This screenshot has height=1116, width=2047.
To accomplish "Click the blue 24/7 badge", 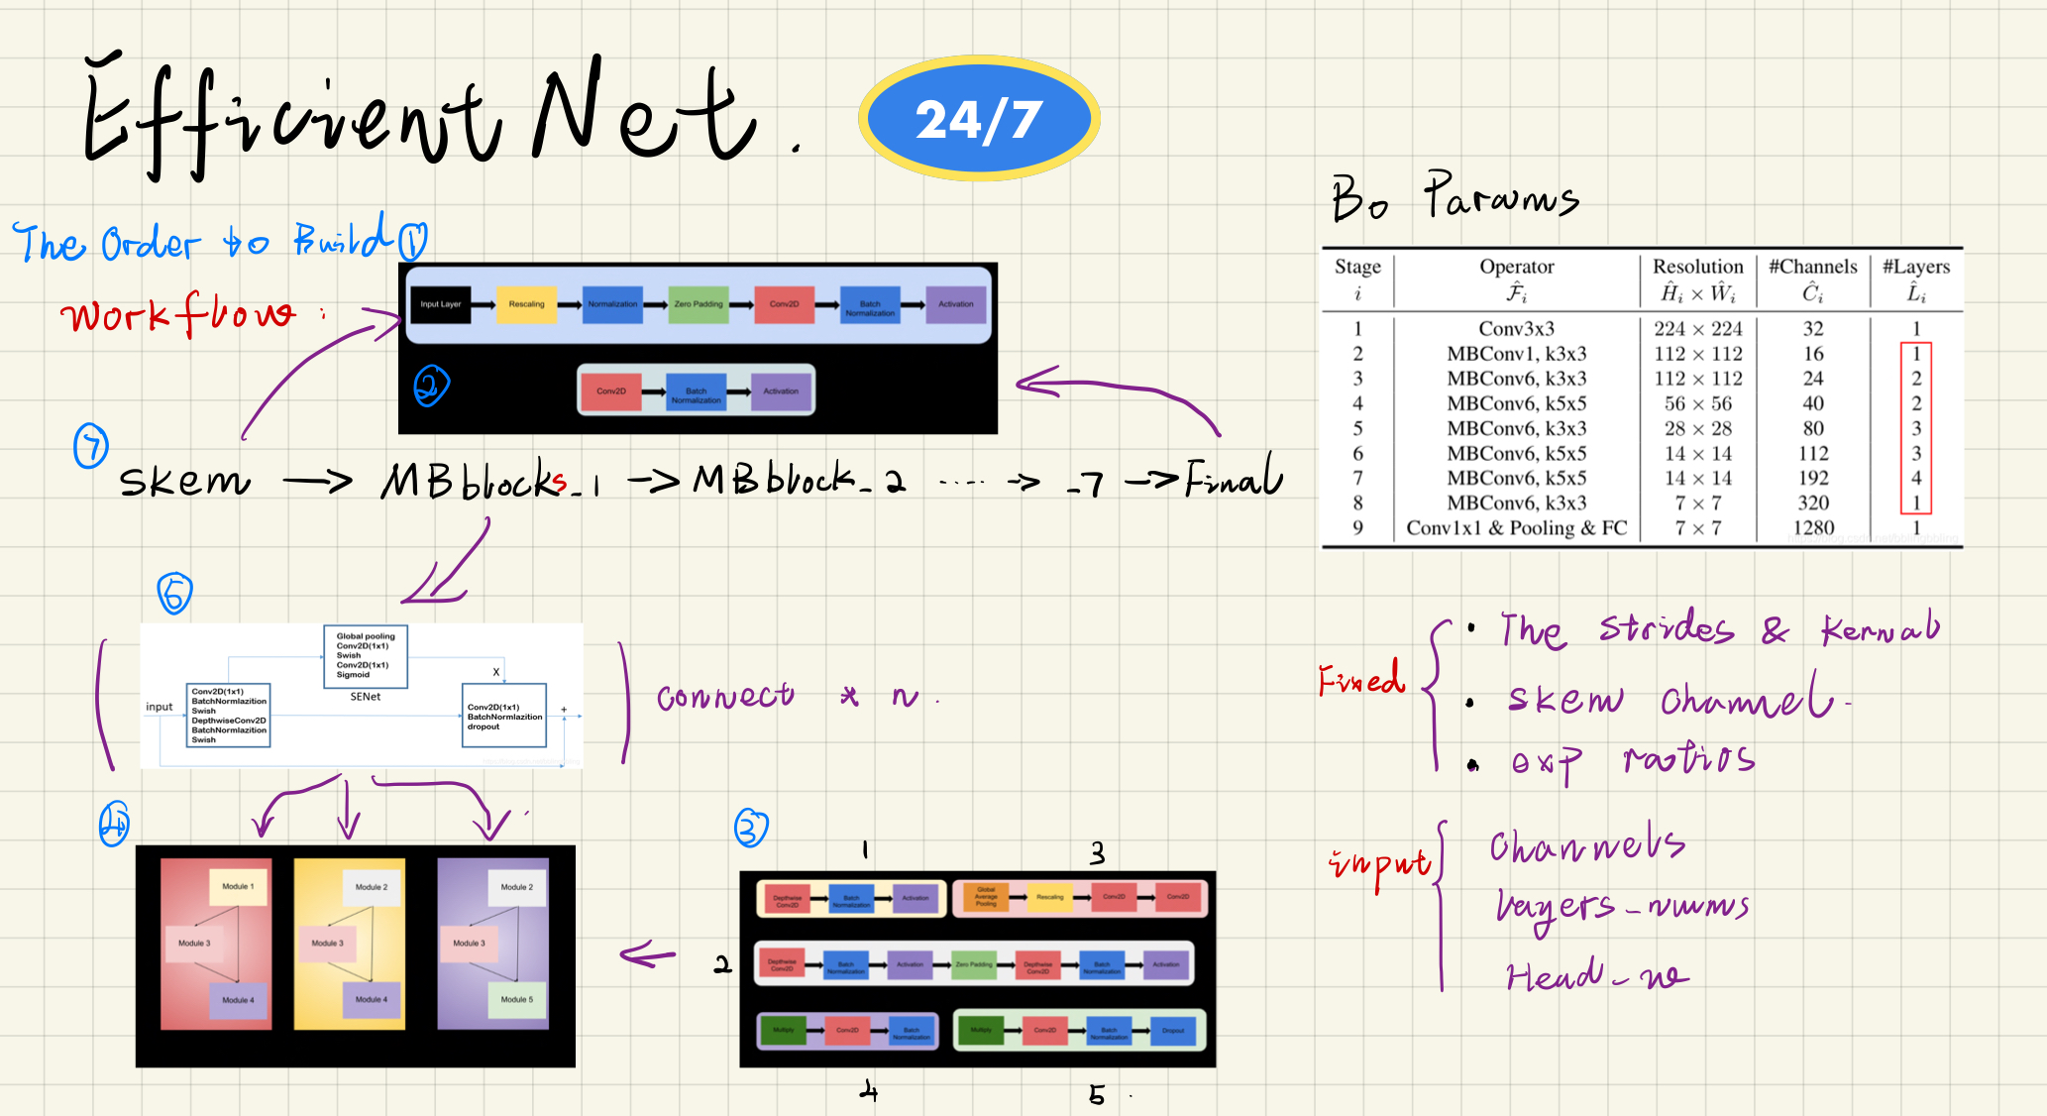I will (979, 119).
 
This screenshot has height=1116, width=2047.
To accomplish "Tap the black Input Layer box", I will (440, 304).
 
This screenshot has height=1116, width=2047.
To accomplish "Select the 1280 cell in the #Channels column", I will (1813, 527).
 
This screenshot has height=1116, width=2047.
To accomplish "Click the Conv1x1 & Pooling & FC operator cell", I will (1516, 527).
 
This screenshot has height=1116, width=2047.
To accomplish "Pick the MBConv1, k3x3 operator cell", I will (1516, 354).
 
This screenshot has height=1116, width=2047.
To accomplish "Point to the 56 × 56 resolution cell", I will (1697, 403).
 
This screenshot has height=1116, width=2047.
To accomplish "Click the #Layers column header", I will (1915, 279).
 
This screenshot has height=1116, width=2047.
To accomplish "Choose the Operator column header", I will (1516, 279).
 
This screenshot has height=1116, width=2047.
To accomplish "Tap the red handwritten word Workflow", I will (178, 315).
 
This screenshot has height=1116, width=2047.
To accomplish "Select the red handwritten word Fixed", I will (1361, 679).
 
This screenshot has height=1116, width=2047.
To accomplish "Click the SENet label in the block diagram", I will (365, 697).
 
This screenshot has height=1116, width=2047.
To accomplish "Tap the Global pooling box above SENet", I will (366, 655).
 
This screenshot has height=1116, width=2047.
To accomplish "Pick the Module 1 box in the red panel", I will (238, 886).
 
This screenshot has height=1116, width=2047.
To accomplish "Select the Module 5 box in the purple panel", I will (516, 999).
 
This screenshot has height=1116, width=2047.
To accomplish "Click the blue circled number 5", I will (174, 594).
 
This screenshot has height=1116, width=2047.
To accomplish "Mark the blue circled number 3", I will (751, 827).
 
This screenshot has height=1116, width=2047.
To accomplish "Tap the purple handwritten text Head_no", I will (1595, 976).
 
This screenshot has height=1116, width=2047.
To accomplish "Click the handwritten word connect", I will (725, 697).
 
